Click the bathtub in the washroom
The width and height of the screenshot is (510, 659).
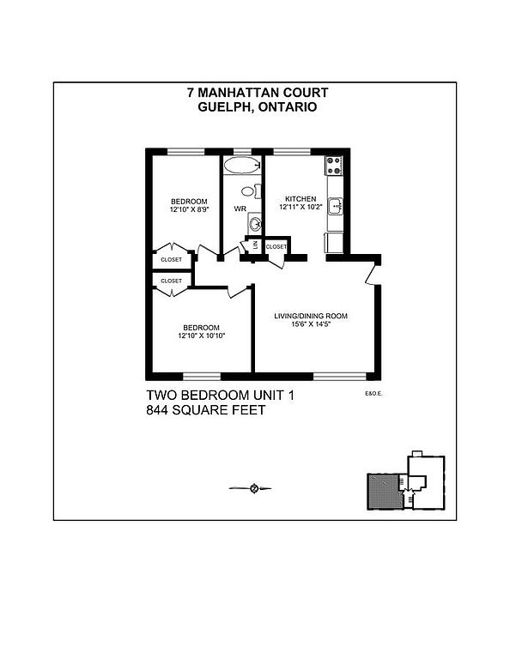pos(242,165)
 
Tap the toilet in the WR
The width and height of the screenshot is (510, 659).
pos(251,191)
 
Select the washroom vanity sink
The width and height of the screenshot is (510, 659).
pos(255,223)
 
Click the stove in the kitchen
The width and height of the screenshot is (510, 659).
pos(334,165)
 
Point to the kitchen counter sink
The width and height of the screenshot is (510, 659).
pos(336,206)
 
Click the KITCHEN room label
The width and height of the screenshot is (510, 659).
pos(301,199)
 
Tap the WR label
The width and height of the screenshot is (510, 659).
pos(240,209)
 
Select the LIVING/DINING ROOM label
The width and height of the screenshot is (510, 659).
pos(311,316)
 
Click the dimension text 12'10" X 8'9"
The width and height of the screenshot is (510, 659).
pos(189,209)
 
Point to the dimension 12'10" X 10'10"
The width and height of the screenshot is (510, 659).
pos(202,336)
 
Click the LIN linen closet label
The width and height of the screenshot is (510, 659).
pos(255,245)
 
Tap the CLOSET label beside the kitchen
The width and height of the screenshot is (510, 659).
pos(276,247)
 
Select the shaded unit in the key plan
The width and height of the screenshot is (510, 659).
pos(383,492)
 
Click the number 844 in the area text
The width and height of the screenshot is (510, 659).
pos(158,410)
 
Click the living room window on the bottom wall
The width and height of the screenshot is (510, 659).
pos(340,376)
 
